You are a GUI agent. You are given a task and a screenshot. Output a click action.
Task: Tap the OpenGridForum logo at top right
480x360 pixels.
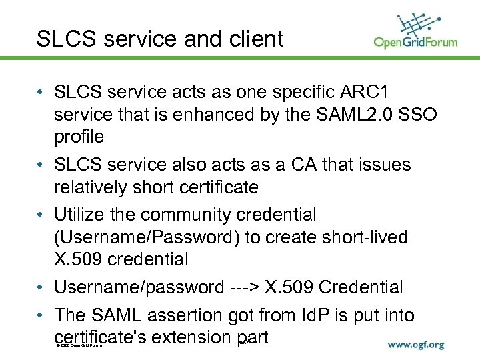415,32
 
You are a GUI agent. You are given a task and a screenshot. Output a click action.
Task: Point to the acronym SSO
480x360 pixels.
420,115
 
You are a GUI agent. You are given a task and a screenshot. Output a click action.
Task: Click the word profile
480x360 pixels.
79,137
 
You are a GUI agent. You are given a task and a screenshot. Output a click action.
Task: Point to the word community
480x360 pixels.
193,215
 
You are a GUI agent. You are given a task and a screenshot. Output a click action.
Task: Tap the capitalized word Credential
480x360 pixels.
361,287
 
